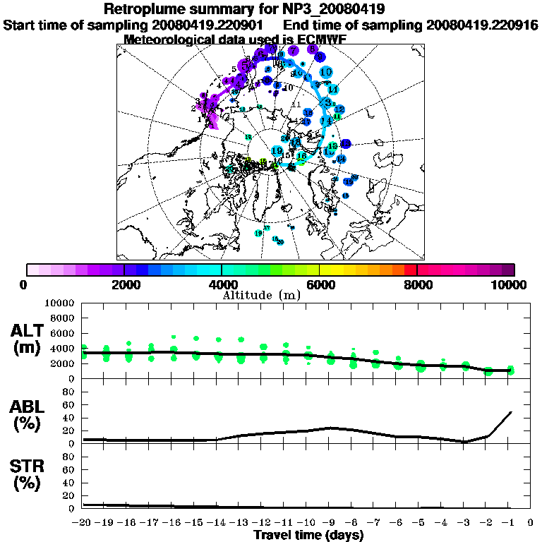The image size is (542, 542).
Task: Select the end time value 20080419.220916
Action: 483,25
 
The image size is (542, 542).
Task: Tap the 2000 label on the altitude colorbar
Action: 124,284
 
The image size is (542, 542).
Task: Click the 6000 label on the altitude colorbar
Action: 319,284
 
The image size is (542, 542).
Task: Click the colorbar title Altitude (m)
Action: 261,294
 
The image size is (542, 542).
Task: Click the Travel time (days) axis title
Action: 308,536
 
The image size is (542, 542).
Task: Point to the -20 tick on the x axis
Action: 83,524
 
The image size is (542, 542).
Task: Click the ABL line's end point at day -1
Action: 510,412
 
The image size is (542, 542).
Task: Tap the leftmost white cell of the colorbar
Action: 32,270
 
